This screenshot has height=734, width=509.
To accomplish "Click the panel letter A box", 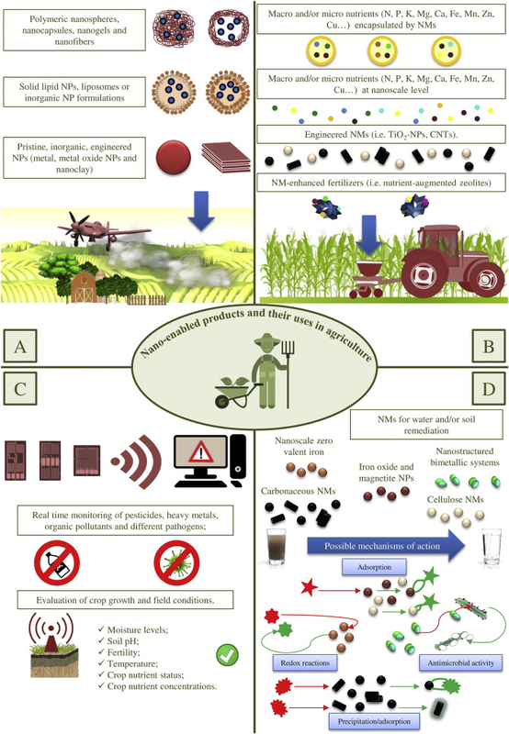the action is point(19,346).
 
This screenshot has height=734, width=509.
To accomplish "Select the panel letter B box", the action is point(489,346).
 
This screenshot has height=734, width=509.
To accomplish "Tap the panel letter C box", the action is point(19,388).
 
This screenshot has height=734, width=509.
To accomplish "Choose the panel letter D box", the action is point(489,388).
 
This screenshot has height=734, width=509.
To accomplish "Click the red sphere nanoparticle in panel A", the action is point(174,157).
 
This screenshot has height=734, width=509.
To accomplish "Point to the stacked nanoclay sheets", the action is point(225,157).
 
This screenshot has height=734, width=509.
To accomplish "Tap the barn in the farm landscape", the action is point(84,287).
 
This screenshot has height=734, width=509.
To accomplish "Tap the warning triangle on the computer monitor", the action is point(200,452).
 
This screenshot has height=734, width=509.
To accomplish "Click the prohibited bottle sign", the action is point(57,562).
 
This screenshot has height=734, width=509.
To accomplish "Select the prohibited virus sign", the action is point(176,562).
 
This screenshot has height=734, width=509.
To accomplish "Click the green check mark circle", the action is point(227,655).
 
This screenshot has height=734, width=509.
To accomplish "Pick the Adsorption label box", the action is point(374,567).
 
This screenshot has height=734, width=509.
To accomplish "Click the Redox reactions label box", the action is point(305,662).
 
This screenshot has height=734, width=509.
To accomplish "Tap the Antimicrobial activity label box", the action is point(460,662).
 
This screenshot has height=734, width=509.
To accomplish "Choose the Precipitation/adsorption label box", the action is point(374,721).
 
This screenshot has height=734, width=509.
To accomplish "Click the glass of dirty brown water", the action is point(277,546).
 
